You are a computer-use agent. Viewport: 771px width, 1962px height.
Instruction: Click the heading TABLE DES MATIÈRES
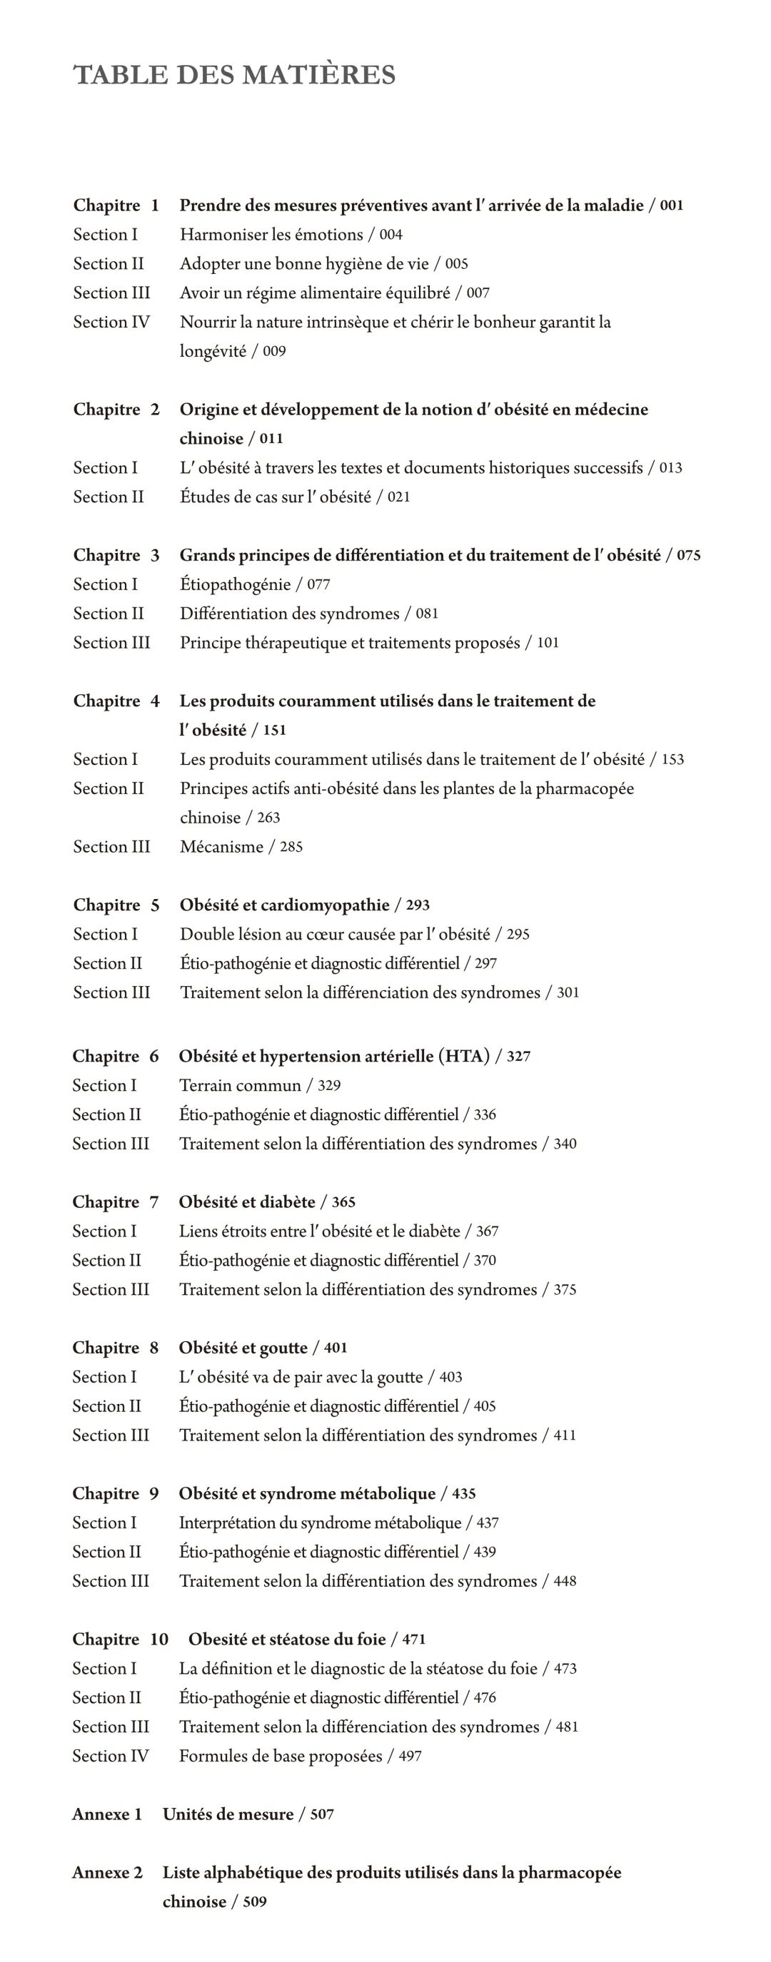coord(235,76)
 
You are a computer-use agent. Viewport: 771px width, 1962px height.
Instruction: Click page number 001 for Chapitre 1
coord(671,205)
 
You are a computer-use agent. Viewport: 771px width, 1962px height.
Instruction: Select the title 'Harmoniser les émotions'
coord(271,235)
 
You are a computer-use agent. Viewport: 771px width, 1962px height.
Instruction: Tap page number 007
coord(478,293)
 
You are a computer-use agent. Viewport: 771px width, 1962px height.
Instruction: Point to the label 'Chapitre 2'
coord(116,409)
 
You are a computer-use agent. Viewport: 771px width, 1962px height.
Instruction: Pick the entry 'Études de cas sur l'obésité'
coord(275,497)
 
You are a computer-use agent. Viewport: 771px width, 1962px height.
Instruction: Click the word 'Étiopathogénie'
coord(236,584)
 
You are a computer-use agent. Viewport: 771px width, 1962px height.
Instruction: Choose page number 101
coord(548,643)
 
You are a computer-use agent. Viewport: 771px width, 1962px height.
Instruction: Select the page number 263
coord(268,818)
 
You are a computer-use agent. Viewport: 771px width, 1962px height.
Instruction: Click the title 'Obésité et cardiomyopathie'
coord(284,905)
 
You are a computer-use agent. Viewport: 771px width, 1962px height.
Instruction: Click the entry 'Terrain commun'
coord(240,1085)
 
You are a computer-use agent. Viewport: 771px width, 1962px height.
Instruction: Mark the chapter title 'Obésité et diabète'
coord(247,1202)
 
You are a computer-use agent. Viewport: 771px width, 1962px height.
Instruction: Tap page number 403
coord(450,1377)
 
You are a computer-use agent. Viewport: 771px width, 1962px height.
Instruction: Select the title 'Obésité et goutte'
coord(243,1348)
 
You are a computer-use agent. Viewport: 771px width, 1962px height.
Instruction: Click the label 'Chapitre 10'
coord(120,1639)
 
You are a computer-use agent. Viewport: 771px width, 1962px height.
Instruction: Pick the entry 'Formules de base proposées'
coord(281,1757)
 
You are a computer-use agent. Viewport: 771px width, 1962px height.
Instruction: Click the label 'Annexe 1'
coord(106,1814)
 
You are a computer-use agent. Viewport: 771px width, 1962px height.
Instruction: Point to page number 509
coord(254,1902)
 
